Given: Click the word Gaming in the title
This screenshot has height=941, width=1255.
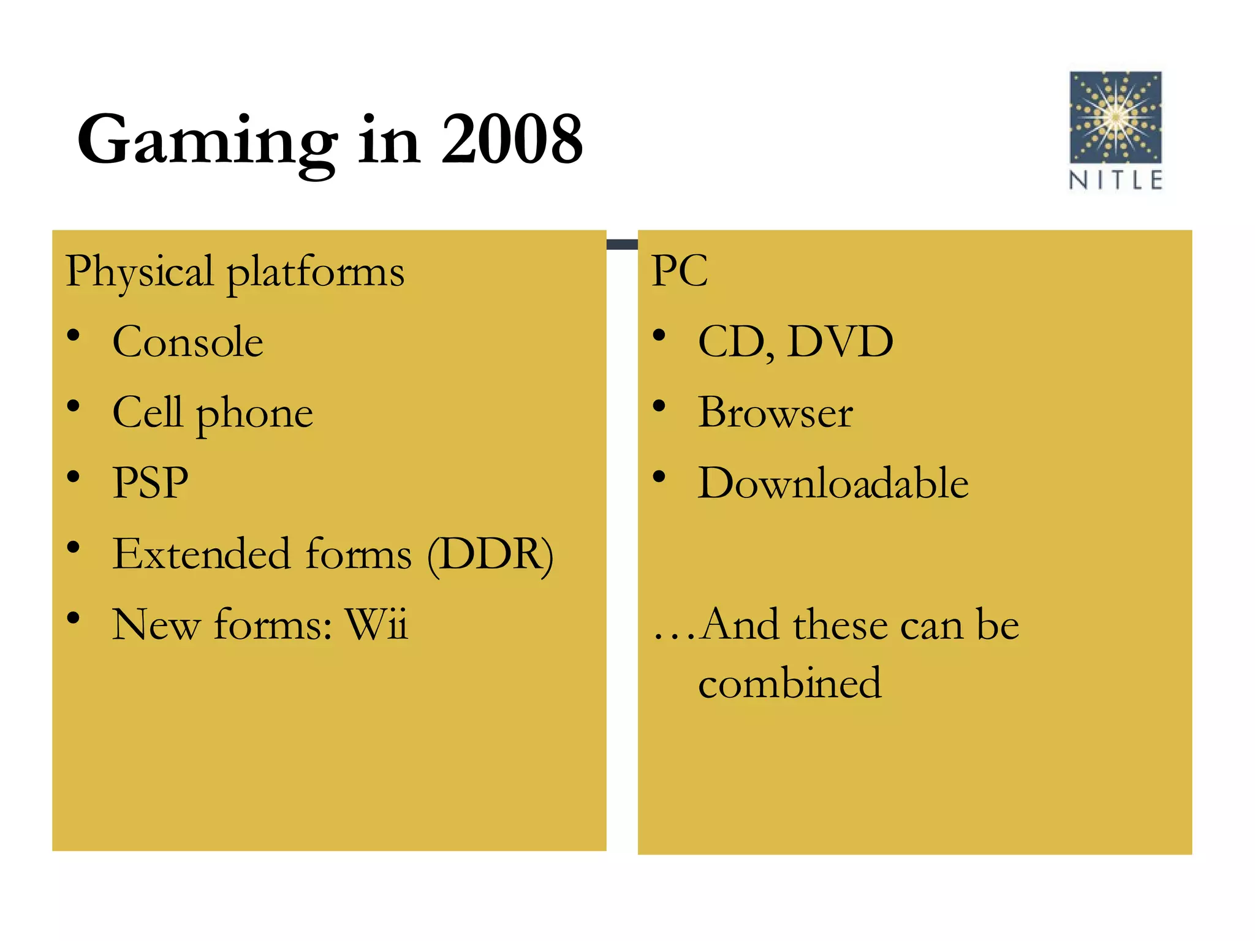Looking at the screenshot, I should (207, 142).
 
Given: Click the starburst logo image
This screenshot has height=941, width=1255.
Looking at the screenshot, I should (1115, 117).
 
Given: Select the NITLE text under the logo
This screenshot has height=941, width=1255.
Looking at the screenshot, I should (1115, 180).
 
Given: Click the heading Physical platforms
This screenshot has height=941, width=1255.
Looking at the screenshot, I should (235, 271).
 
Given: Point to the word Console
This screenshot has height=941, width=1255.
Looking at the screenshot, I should (188, 342).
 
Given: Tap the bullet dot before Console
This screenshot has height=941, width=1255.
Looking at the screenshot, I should (74, 336).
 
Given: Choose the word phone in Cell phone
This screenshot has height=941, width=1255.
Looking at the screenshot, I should (254, 414).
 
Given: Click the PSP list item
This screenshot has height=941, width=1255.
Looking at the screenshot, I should (150, 483).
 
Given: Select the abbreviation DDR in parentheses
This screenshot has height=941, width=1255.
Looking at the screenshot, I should (490, 554).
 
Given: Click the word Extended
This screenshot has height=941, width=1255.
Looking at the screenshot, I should (201, 554).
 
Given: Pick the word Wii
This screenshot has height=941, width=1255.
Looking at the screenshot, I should (376, 624).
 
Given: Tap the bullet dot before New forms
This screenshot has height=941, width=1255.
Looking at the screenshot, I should (74, 618).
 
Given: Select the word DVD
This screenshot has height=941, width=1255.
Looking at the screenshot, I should (840, 342).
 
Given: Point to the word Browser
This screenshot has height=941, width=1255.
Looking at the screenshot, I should (775, 412).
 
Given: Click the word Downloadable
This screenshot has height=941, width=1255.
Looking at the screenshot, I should (833, 483).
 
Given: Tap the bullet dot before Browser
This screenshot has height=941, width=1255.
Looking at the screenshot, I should (659, 406).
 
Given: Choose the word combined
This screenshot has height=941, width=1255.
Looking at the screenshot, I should (790, 683).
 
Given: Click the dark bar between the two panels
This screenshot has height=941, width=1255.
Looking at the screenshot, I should (622, 244).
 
